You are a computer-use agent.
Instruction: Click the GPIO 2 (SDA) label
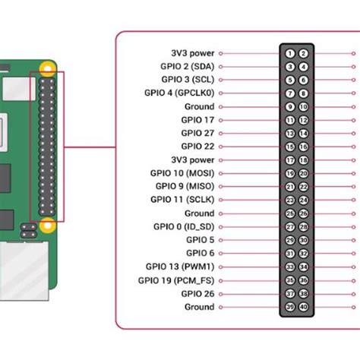click(x=188, y=67)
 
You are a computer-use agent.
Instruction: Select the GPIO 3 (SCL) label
click(x=188, y=80)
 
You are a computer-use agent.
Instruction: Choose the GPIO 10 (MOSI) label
click(x=182, y=173)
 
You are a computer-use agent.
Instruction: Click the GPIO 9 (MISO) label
click(x=185, y=186)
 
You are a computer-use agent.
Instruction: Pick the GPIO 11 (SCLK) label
click(x=182, y=200)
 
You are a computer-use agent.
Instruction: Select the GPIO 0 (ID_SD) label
click(x=182, y=227)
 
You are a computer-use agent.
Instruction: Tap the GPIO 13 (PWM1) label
click(x=180, y=267)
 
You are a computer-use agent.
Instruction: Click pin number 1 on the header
click(x=290, y=53)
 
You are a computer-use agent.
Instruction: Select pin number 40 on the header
click(x=303, y=307)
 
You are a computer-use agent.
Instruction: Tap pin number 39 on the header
click(x=290, y=307)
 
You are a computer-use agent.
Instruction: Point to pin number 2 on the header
click(x=303, y=53)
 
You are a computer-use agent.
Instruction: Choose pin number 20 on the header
click(x=303, y=173)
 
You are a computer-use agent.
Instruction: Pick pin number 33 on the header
click(x=290, y=267)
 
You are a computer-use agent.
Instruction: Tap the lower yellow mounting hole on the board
click(x=47, y=224)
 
